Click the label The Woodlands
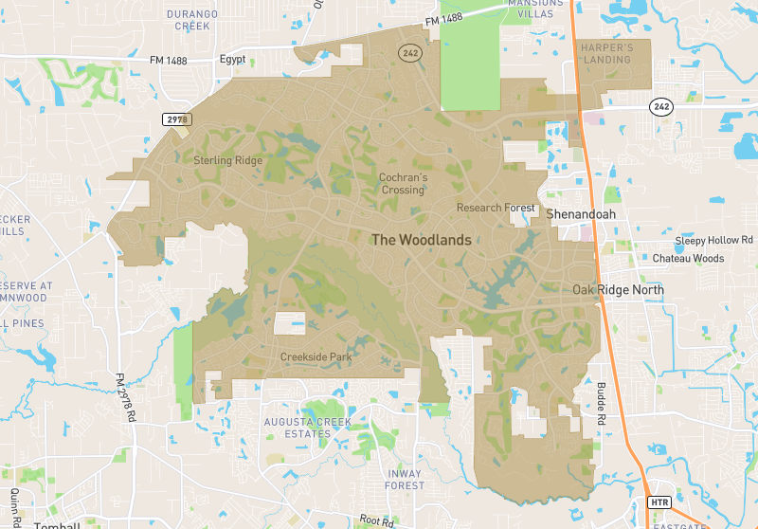(x=421, y=240)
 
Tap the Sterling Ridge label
(x=227, y=160)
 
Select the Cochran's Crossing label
(x=403, y=184)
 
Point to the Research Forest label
(x=496, y=208)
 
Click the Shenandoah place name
(x=581, y=214)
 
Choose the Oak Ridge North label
(x=618, y=289)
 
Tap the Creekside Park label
(x=316, y=357)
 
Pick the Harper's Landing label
(x=605, y=52)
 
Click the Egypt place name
(x=232, y=59)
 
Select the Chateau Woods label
(x=688, y=259)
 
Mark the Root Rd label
(x=375, y=520)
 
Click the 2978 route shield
(x=177, y=119)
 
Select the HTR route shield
(x=659, y=502)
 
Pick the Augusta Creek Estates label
(x=309, y=428)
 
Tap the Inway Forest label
(x=406, y=479)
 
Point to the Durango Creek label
(x=192, y=21)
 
